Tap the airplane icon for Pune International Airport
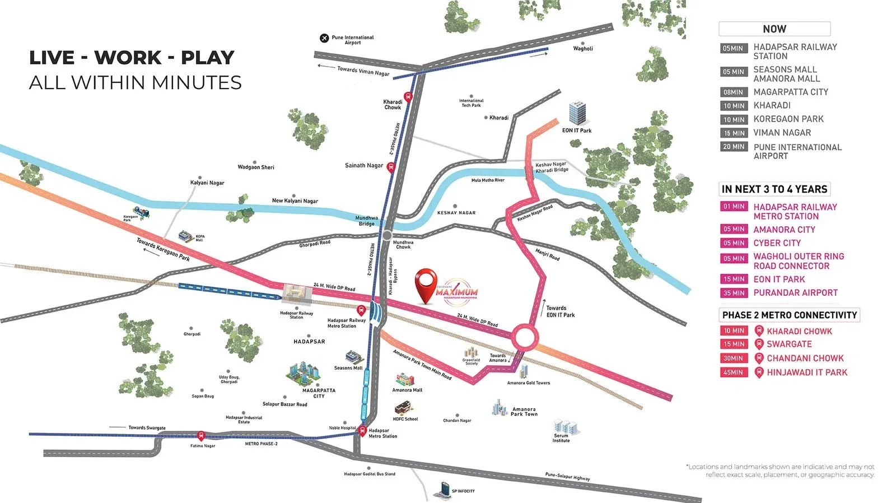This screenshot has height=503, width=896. tap(324, 38)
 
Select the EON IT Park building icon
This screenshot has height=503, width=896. tap(577, 114)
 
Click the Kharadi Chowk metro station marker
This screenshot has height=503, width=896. tap(408, 96)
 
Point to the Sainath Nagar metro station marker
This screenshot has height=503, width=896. tap(391, 167)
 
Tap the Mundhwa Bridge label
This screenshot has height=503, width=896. tap(367, 221)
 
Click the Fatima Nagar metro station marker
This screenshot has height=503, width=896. tap(201, 436)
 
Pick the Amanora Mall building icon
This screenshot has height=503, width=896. tap(405, 380)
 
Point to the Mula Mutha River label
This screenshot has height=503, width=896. tap(488, 180)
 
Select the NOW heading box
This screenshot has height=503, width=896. tap(774, 29)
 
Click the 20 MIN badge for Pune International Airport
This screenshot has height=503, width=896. tap(734, 147)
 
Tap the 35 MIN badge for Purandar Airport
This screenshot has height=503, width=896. tap(734, 293)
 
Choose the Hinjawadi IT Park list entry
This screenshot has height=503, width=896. tap(806, 372)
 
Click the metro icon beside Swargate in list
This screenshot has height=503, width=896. tap(759, 344)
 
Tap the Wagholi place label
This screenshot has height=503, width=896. tap(583, 49)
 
